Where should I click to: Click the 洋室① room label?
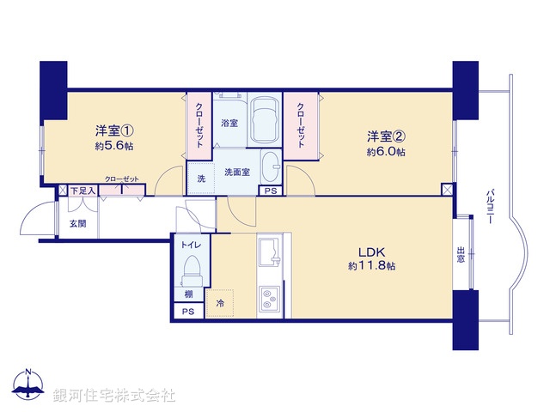tap(114, 131)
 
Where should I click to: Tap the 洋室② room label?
tap(387, 136)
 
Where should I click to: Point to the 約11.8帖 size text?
tap(372, 266)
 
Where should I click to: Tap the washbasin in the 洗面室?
tap(270, 163)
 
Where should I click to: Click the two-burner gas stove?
tap(271, 299)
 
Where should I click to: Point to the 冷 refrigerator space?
tap(220, 304)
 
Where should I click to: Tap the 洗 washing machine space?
tap(201, 178)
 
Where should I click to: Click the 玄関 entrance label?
tap(77, 223)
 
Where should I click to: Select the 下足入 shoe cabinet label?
tap(82, 191)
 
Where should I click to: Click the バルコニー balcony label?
tap(489, 206)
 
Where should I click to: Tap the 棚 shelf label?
tap(188, 294)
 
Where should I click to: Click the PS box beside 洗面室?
tap(271, 191)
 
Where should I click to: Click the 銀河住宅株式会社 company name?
tap(114, 396)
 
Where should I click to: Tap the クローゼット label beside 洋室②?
tap(301, 125)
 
